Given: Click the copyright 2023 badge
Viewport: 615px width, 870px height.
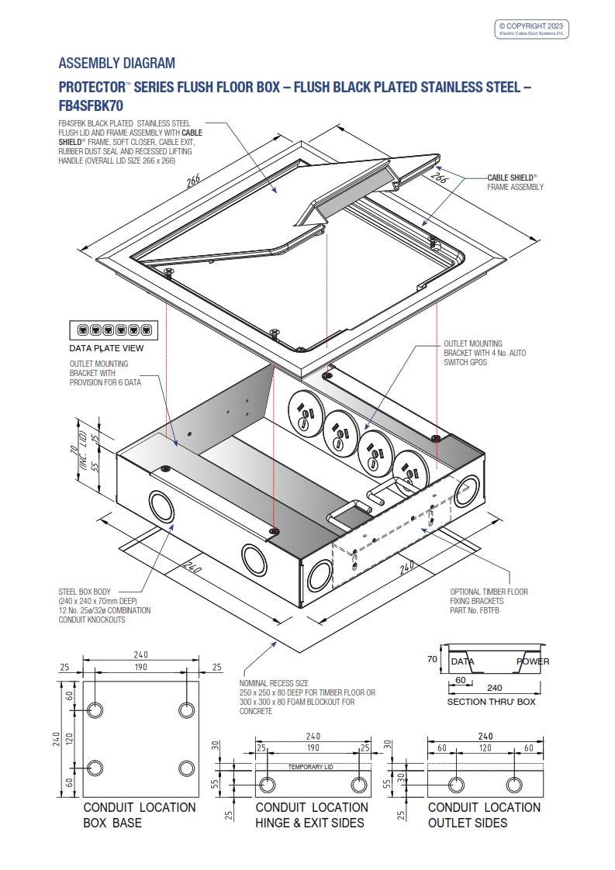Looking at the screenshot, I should [533, 29].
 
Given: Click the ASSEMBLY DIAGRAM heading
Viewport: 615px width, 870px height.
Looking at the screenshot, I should [116, 64].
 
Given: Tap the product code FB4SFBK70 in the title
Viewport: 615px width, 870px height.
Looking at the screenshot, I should [91, 105].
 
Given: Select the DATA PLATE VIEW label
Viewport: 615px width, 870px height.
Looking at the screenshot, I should [107, 348].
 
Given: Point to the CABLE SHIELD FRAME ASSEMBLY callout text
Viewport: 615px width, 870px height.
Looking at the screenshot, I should [515, 182].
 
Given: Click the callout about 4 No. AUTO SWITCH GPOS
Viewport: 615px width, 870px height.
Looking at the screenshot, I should [484, 353].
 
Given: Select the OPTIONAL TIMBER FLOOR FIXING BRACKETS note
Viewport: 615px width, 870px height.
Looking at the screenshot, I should [489, 601].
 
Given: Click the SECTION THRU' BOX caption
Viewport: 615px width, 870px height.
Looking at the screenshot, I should [491, 702].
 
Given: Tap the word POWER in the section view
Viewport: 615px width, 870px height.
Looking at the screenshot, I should [533, 661].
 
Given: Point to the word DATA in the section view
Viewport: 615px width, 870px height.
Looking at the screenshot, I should [462, 661].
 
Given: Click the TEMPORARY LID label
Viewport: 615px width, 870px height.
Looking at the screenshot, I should [310, 767].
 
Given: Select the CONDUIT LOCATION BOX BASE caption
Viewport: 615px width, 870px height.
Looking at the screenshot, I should [140, 814].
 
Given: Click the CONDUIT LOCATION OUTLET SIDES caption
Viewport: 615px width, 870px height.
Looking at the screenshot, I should [484, 814].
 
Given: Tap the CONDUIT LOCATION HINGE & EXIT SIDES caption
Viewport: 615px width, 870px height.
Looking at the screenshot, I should [312, 814].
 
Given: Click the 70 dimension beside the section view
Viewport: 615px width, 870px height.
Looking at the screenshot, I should [433, 660].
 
